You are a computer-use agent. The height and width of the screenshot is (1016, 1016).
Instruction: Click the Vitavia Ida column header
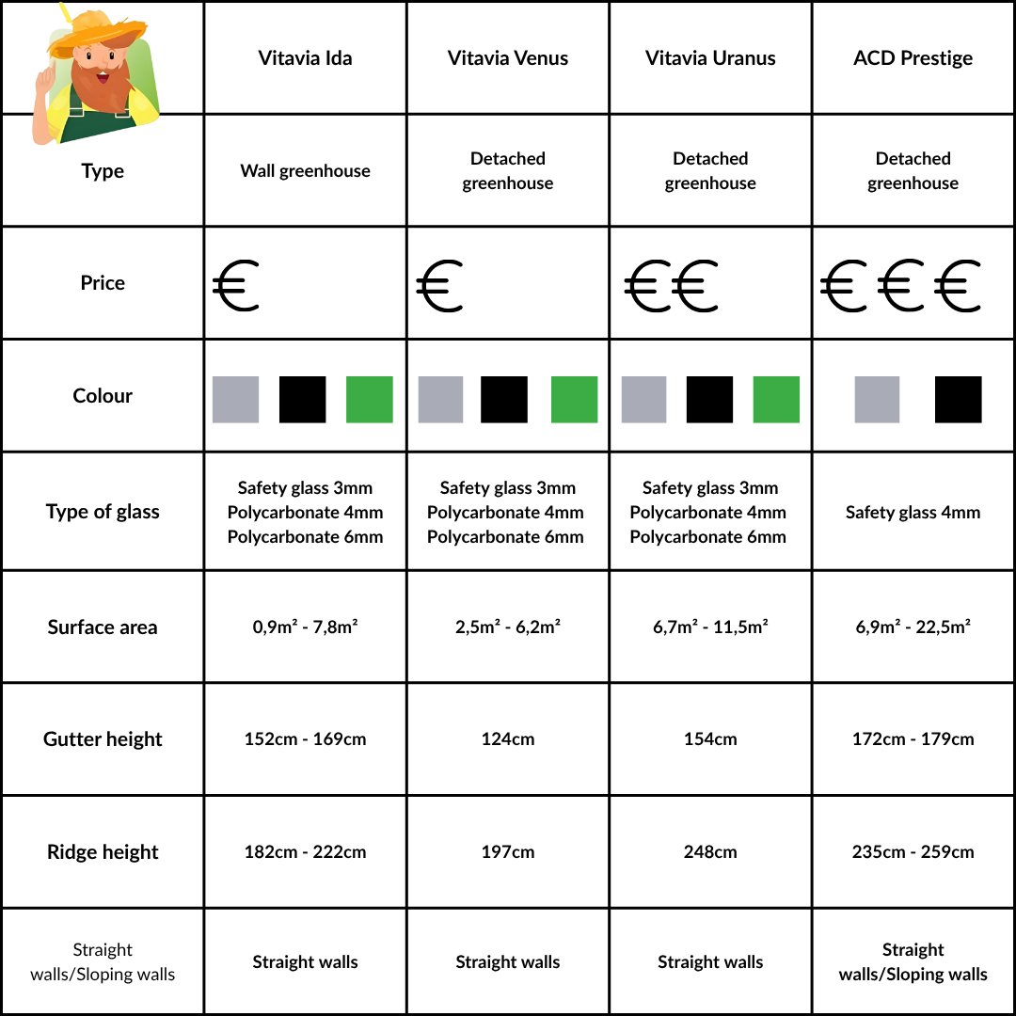[x=305, y=58]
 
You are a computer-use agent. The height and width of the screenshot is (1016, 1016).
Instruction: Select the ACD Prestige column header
[x=913, y=58]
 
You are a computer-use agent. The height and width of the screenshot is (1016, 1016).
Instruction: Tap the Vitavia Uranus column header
[x=710, y=58]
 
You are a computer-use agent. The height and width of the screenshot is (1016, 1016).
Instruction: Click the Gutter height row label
[x=103, y=739]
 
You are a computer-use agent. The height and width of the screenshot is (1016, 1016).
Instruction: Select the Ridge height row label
[x=103, y=852]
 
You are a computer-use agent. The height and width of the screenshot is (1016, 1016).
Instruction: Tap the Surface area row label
[x=103, y=627]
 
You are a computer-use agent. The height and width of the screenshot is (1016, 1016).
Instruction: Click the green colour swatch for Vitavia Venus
[x=574, y=399]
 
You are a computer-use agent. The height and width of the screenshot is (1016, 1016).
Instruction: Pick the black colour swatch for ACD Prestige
[x=958, y=399]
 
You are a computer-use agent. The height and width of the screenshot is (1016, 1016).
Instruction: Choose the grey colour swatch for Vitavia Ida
[x=235, y=399]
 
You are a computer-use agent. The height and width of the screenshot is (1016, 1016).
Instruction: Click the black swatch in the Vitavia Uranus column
[x=709, y=399]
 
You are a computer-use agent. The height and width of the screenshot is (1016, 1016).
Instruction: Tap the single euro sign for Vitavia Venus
[x=439, y=287]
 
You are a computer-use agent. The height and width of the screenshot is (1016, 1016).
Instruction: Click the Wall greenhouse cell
[x=305, y=171]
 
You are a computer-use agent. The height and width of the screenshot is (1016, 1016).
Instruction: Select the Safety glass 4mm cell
[x=913, y=513]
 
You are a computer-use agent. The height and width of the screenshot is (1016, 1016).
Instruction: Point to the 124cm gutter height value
[x=508, y=739]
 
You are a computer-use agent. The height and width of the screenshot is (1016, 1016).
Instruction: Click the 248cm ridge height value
[x=710, y=852]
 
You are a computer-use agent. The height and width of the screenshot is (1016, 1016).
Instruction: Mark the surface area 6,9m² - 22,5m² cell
[x=913, y=627]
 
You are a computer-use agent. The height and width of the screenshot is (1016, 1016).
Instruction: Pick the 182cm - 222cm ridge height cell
[x=305, y=852]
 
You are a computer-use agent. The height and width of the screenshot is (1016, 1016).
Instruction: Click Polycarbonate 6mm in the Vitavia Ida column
[x=305, y=537]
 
